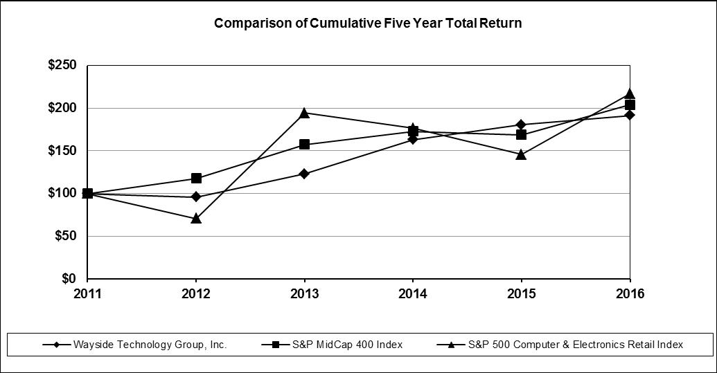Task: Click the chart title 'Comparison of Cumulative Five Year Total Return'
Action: pos(368,24)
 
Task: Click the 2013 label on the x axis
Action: pos(305,293)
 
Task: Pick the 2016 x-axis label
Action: pos(630,293)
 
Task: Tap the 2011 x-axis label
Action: pos(87,293)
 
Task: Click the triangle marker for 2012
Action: pos(196,218)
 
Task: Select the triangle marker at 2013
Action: pos(305,112)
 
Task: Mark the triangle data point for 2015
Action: pos(521,154)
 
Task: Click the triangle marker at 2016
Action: pos(630,93)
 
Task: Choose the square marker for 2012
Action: pos(196,178)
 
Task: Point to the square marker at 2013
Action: pos(305,144)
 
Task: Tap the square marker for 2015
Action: pos(521,135)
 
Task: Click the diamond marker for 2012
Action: pos(196,197)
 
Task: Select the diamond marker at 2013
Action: pos(305,174)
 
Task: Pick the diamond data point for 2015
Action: pos(521,125)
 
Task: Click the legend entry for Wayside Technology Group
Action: pos(135,345)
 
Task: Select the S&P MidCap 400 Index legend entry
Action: pos(333,345)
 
